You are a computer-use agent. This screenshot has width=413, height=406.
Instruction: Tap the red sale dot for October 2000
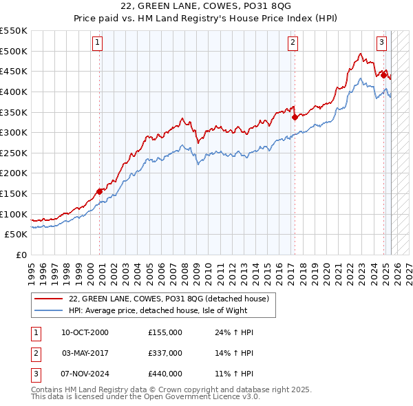100,191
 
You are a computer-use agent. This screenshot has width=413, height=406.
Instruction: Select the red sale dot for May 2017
295,117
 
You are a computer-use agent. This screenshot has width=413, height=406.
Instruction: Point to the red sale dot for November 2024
383,75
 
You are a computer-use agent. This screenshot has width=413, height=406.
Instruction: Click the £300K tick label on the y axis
14,132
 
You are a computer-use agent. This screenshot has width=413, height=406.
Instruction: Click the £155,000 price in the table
165,332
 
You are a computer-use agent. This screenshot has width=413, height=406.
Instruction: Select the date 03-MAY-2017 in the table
85,353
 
